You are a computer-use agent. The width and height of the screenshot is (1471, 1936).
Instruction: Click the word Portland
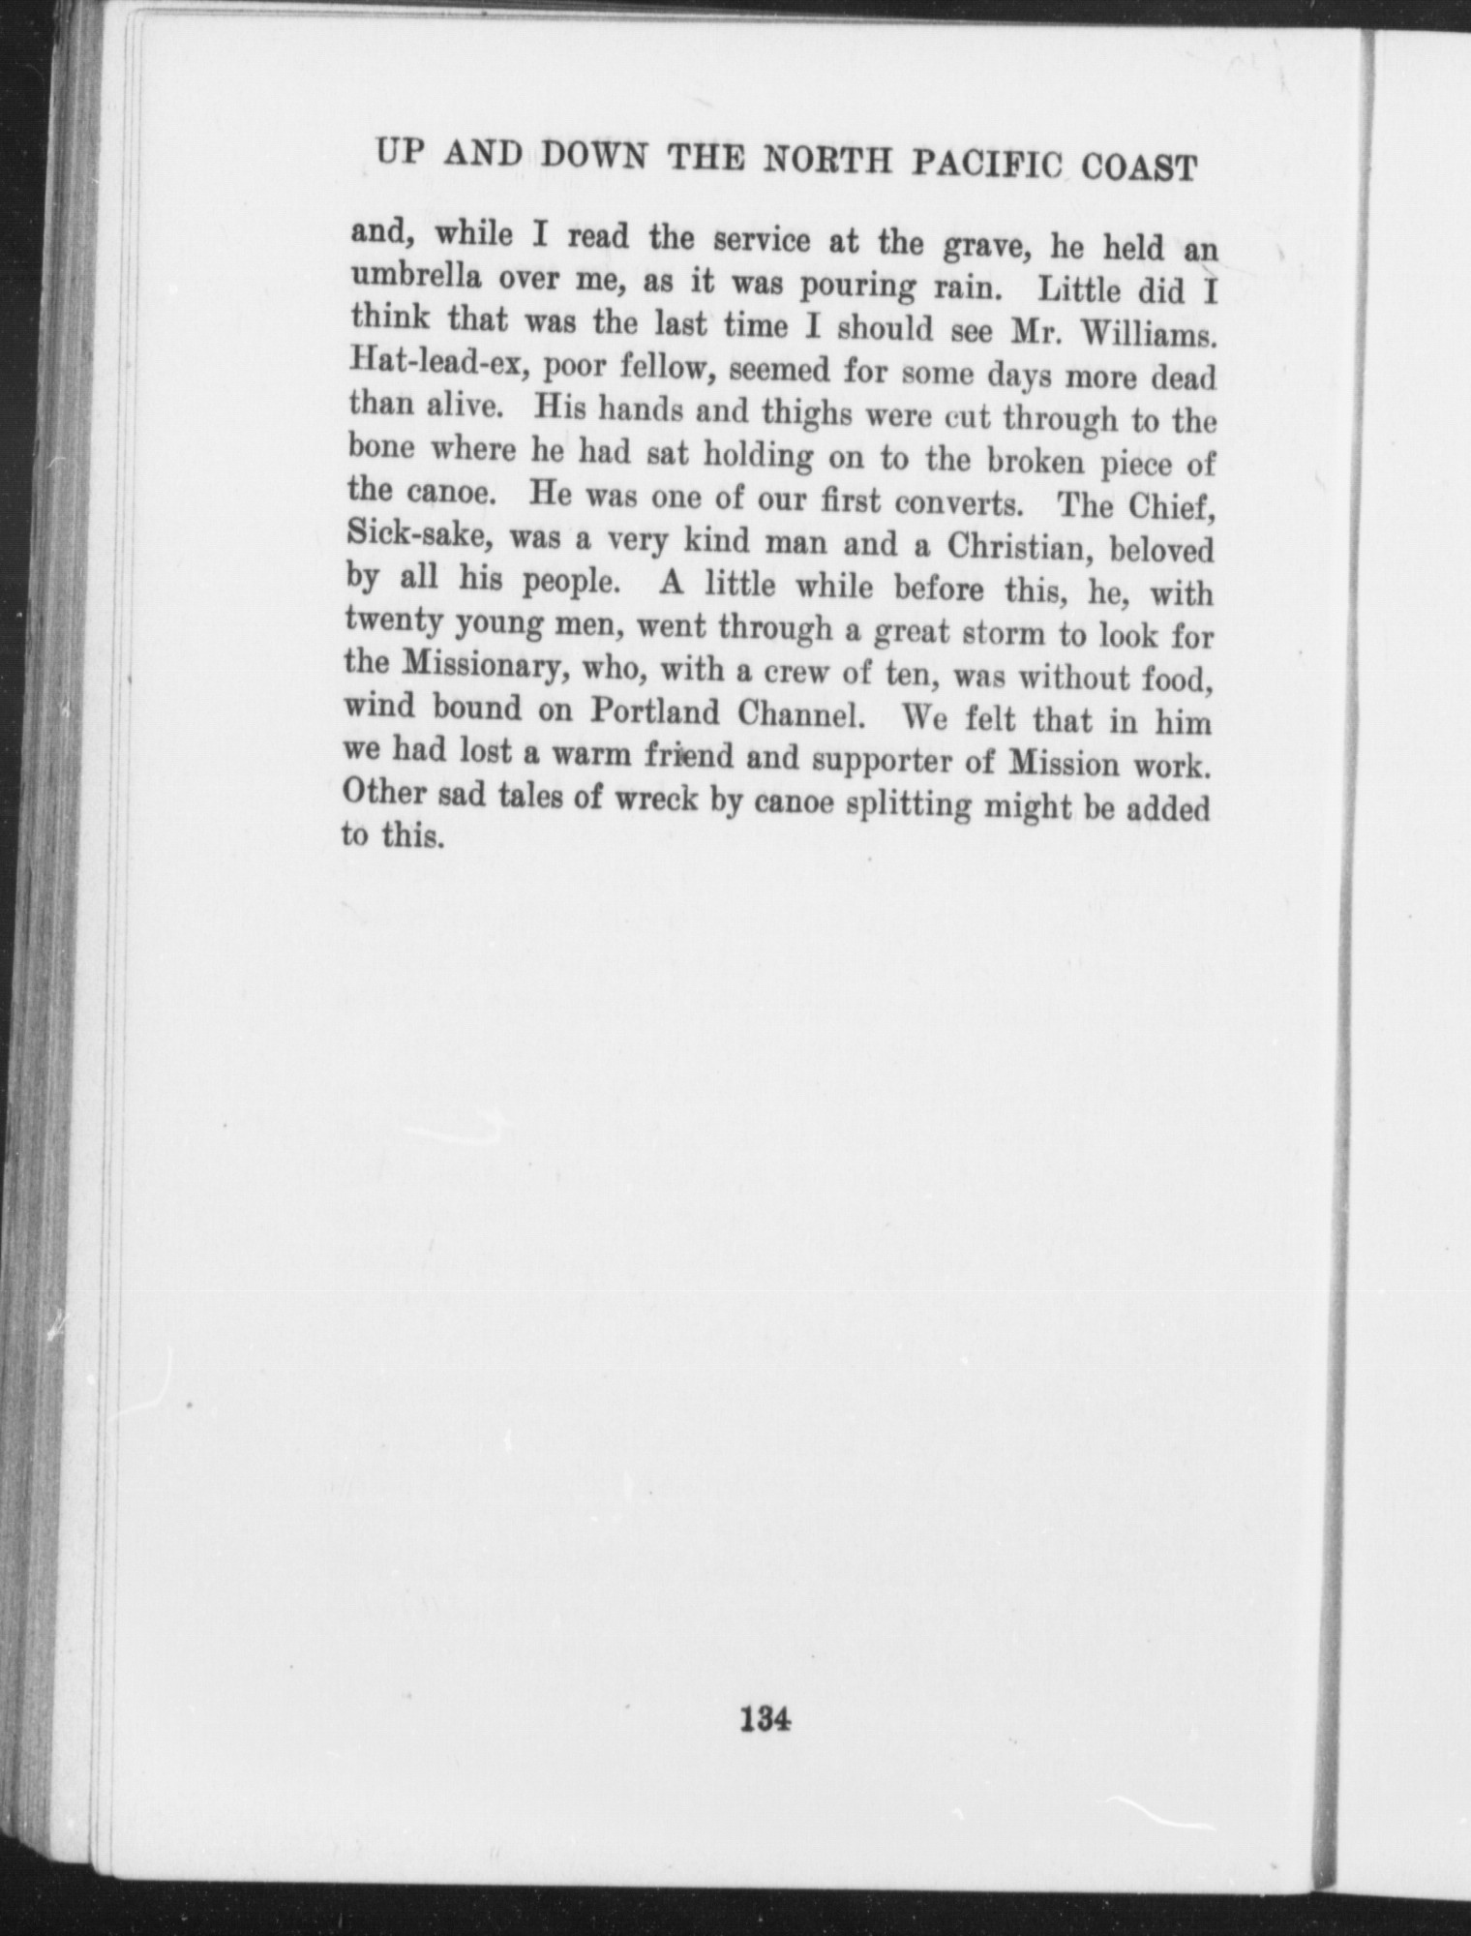click(655, 711)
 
